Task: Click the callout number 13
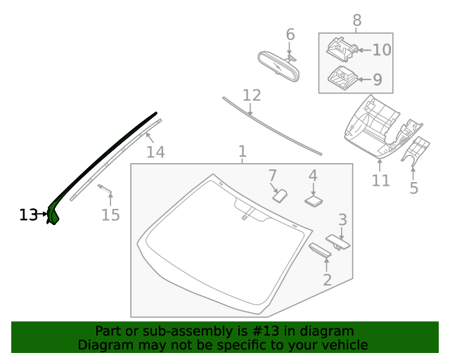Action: (28, 214)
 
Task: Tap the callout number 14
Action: (155, 152)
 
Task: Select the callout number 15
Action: (110, 214)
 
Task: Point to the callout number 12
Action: (252, 96)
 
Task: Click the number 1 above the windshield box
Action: (242, 152)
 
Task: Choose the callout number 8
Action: (356, 20)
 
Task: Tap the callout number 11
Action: (380, 181)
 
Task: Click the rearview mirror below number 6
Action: (278, 67)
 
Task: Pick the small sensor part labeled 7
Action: (280, 194)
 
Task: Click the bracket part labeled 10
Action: (340, 48)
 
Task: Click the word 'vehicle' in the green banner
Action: (343, 345)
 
